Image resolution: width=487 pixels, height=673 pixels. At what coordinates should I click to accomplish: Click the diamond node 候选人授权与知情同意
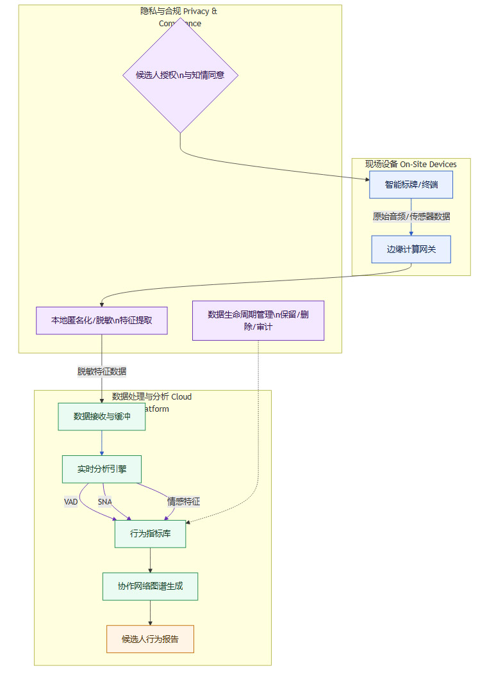[180, 75]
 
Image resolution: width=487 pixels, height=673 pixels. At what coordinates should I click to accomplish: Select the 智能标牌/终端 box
[411, 184]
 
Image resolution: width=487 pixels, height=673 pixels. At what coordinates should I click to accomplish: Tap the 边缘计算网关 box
[411, 249]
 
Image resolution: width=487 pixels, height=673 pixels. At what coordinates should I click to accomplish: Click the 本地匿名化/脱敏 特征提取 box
[102, 320]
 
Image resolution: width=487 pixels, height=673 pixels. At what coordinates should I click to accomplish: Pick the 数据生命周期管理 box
[258, 320]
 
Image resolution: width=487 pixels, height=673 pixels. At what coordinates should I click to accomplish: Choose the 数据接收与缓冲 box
[102, 416]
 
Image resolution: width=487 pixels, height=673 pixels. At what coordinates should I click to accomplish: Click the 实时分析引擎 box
[102, 469]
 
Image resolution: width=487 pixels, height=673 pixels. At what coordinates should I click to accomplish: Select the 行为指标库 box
[151, 534]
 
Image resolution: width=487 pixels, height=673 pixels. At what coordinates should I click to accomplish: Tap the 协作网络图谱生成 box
[151, 586]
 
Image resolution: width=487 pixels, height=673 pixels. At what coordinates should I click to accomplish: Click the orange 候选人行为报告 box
[151, 638]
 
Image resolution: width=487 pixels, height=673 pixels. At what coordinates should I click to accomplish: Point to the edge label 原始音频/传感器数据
[411, 216]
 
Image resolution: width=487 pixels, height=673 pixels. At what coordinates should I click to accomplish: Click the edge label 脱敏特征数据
[102, 371]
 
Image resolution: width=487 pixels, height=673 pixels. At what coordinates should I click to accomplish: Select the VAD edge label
[70, 502]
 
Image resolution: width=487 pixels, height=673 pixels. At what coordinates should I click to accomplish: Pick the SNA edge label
[105, 502]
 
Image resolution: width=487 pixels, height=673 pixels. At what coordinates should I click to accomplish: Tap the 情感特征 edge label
[184, 502]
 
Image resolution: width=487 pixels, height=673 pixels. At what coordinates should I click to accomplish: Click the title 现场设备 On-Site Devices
[411, 165]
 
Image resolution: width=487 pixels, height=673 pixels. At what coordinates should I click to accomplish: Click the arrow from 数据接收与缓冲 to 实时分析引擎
[102, 442]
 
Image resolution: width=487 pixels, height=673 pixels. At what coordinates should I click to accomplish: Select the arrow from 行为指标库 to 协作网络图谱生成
[151, 560]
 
